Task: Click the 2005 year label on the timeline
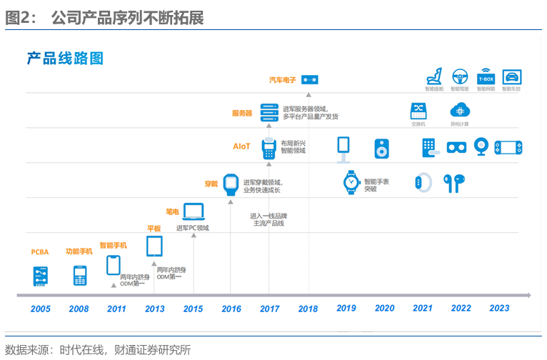(40, 309)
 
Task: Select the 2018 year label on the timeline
(308, 309)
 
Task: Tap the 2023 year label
(499, 308)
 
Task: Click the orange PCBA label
(40, 252)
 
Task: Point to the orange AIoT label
(241, 146)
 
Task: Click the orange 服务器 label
(242, 113)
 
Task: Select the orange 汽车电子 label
(283, 80)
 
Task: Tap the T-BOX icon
(486, 76)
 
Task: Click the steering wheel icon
(460, 76)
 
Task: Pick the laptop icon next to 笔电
(194, 211)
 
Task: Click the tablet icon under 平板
(154, 246)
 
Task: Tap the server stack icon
(269, 112)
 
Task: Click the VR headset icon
(456, 147)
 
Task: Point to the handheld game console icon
(508, 147)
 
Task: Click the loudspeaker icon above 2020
(382, 149)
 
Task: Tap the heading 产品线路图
(66, 59)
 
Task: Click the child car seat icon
(434, 76)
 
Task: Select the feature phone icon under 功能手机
(80, 276)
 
